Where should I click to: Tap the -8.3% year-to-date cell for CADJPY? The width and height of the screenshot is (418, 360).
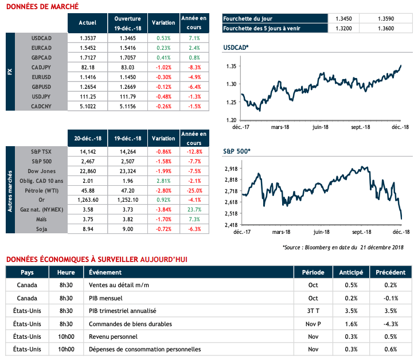click(x=193, y=68)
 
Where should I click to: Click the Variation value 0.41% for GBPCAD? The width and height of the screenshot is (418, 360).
click(x=163, y=58)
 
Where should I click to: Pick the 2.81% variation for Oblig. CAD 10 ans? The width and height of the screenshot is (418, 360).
click(x=163, y=180)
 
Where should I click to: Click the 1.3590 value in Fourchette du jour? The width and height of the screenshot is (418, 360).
click(x=388, y=18)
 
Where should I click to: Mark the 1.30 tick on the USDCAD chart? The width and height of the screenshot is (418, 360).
click(x=232, y=84)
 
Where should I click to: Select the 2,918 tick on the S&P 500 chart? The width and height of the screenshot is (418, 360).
click(x=231, y=169)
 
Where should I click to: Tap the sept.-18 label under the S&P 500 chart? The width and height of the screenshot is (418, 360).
click(x=361, y=232)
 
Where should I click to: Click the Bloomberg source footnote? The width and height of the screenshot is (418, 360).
click(x=343, y=247)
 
